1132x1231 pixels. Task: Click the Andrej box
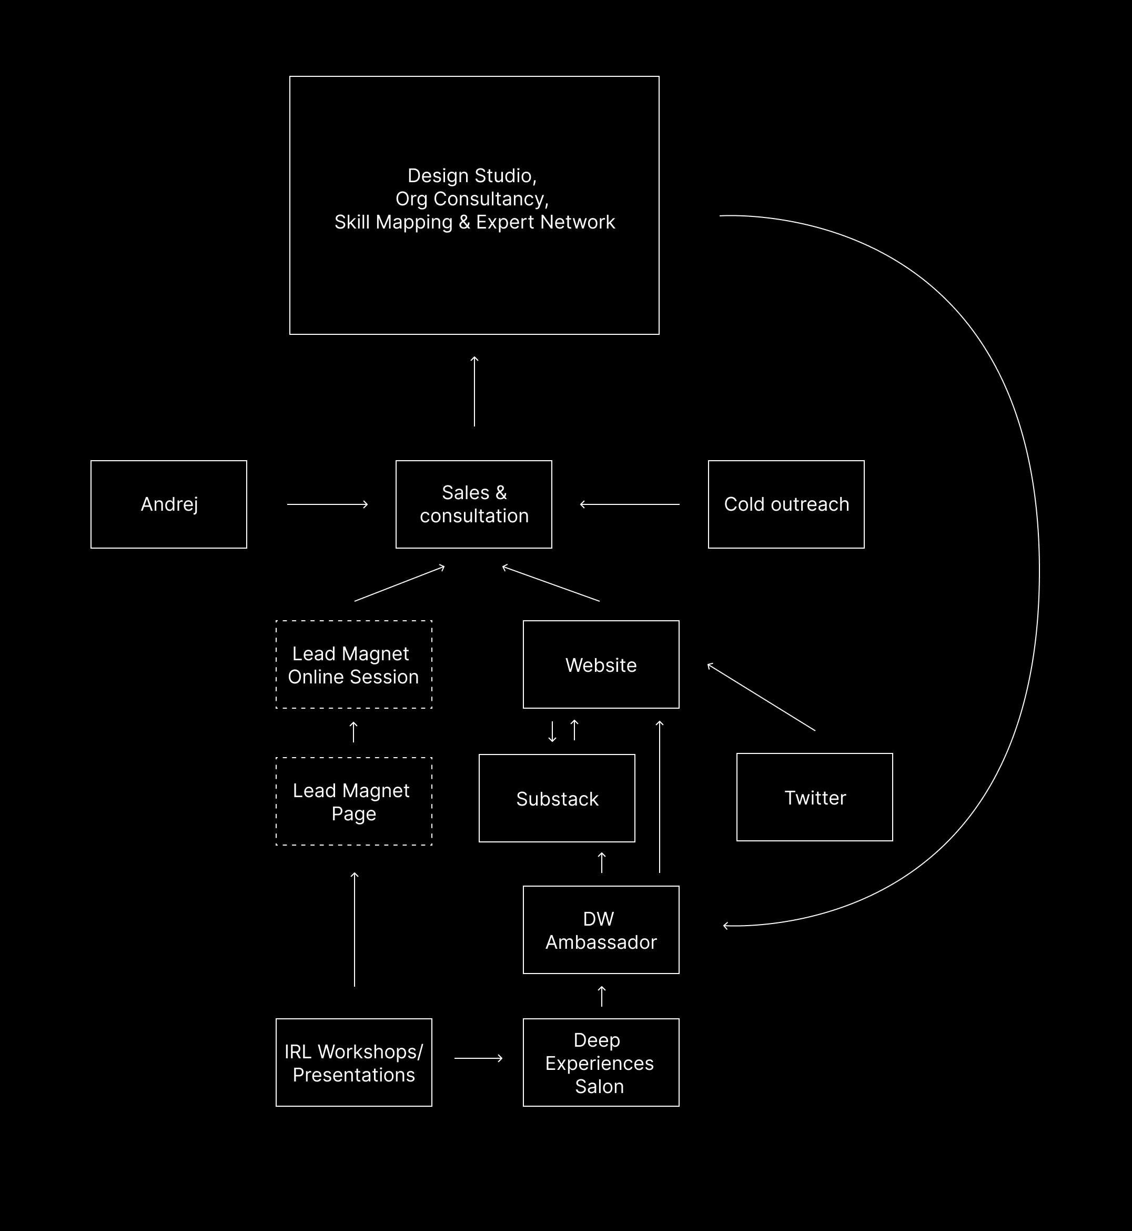(168, 504)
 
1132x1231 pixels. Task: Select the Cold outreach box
(786, 504)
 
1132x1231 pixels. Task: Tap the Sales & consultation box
(473, 504)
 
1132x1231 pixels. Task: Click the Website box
(601, 664)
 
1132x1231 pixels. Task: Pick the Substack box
(557, 798)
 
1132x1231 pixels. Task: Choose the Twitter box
(814, 797)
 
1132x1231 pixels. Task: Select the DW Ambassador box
(601, 929)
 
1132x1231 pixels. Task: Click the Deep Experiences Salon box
(601, 1063)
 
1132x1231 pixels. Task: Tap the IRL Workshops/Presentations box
(353, 1063)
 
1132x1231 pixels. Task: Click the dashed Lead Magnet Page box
(353, 801)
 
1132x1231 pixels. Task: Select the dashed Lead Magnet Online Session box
(353, 664)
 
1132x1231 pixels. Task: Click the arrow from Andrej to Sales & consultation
(327, 504)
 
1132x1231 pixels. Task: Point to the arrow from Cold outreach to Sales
(630, 504)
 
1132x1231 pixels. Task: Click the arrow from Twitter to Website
(761, 697)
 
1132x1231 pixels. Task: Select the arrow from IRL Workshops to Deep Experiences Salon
(478, 1058)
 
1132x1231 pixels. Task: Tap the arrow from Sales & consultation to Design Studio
(474, 391)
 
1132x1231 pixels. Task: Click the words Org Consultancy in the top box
(472, 198)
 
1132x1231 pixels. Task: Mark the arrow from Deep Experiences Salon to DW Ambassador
(602, 996)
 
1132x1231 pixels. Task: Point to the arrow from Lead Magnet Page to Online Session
(353, 732)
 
